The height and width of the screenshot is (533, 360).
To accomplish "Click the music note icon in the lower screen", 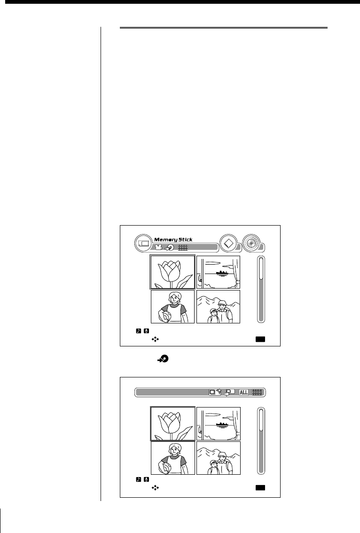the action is (138, 479).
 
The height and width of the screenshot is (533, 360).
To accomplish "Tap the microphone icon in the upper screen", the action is (146, 331).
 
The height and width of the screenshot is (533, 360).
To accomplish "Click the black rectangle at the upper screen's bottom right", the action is (260, 339).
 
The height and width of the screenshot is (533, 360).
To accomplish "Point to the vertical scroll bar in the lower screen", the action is (261, 439).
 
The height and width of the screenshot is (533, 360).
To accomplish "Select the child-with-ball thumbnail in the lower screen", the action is (172, 458).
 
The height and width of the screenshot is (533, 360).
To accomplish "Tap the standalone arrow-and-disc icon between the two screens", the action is (163, 359).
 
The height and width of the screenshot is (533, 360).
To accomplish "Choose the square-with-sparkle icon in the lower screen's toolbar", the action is (215, 392).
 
